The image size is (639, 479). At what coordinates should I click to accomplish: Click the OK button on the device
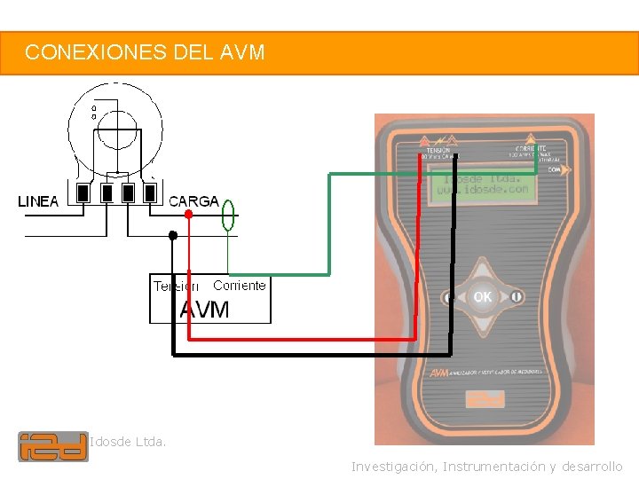[x=482, y=297]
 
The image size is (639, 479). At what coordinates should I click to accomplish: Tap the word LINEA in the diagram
[x=38, y=201]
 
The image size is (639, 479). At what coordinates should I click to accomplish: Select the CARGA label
[x=193, y=201]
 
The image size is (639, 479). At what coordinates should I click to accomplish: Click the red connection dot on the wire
[x=188, y=214]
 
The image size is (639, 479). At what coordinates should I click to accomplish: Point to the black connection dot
[x=173, y=235]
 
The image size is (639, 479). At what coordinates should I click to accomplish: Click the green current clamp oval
[x=228, y=215]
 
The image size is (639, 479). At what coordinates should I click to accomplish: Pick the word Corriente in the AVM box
[x=239, y=286]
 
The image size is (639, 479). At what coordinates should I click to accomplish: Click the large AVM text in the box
[x=205, y=310]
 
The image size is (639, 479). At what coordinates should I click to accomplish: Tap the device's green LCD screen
[x=484, y=185]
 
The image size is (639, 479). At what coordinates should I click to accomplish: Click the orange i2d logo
[x=53, y=446]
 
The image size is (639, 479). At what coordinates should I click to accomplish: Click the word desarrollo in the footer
[x=592, y=467]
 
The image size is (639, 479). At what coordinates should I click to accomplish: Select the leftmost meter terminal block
[x=84, y=192]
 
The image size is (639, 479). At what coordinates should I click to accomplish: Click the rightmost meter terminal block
[x=150, y=192]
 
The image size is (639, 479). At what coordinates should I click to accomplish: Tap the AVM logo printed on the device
[x=438, y=373]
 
